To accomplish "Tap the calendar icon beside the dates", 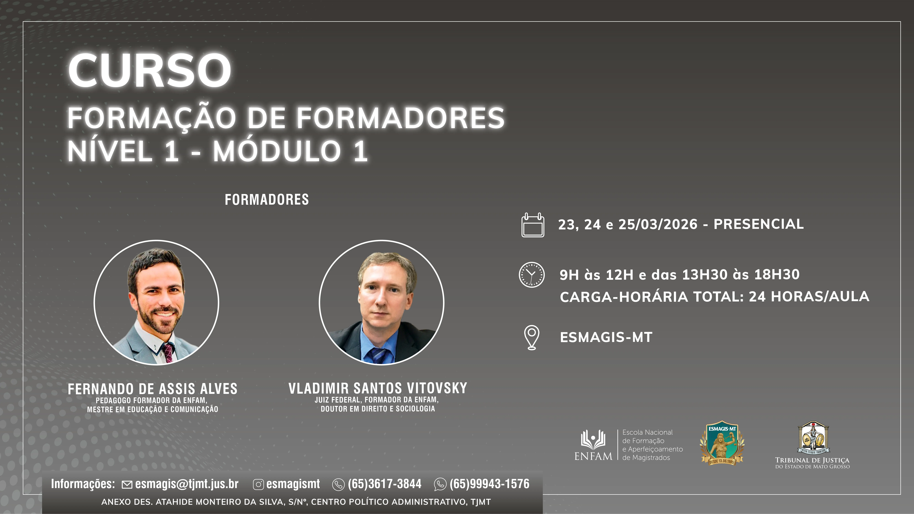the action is click(533, 225).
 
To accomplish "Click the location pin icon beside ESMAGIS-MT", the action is click(532, 337).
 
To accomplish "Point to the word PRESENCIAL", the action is click(759, 224).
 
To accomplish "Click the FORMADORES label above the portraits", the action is click(267, 200).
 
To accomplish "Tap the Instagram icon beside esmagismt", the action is click(258, 485).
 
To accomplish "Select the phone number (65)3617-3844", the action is click(385, 484).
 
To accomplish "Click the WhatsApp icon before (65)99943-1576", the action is click(440, 485).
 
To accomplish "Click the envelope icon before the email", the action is click(127, 485).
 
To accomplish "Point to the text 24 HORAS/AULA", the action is click(809, 297).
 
